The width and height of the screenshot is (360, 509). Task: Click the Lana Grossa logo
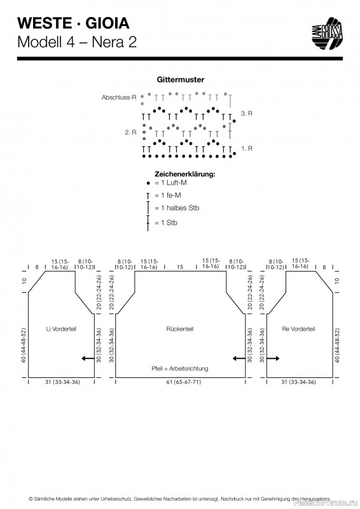[327, 34]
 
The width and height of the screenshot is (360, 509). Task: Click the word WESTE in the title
[45, 24]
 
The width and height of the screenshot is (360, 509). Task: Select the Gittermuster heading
[181, 80]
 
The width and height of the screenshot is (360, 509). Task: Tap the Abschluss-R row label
[119, 97]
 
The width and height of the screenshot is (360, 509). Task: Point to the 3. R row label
[247, 113]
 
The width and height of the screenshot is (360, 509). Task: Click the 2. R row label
[130, 132]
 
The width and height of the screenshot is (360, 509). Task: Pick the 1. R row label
[247, 148]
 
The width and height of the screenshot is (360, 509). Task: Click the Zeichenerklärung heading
[184, 174]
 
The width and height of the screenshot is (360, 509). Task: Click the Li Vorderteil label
[61, 329]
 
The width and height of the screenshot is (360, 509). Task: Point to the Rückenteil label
[180, 329]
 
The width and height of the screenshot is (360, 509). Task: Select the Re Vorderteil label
[299, 329]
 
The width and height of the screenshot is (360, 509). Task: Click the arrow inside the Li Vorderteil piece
[88, 358]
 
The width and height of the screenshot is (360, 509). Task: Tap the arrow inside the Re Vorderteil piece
[273, 358]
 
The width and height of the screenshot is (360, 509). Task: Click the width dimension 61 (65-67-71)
[184, 382]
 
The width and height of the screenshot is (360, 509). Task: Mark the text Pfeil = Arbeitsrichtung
[180, 369]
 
